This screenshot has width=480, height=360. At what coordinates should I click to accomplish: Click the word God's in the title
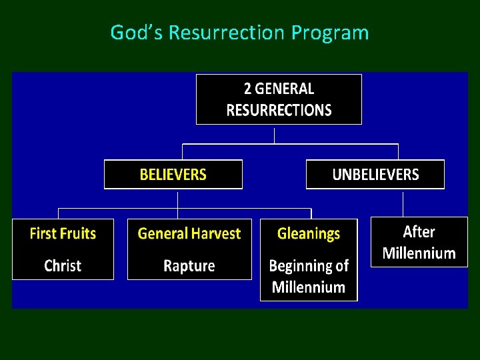pos(137,32)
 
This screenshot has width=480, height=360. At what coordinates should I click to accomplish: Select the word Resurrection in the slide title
pos(227,32)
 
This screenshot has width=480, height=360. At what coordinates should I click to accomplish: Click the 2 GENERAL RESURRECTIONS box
pos(279,99)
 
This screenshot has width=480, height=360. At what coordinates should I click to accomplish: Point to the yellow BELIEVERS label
pos(173,175)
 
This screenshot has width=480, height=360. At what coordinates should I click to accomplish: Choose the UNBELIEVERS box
pos(375,175)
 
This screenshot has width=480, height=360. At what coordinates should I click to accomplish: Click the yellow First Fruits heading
pos(63,233)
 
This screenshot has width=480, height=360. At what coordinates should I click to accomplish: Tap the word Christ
pos(63,265)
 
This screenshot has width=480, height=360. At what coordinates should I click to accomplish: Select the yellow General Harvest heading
pos(189,233)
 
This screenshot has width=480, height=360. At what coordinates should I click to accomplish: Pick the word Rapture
pos(189,265)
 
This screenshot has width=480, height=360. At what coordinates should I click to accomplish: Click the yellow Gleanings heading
pos(309,233)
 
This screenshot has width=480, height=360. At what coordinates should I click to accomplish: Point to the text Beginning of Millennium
pos(309,276)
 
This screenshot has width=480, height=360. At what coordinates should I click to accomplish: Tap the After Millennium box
pos(419,243)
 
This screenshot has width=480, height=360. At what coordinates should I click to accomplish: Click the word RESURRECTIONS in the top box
pos(279,110)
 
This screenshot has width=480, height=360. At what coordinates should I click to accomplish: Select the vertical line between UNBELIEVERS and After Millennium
pos(403,203)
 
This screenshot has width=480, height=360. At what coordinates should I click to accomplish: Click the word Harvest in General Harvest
pos(215,233)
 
